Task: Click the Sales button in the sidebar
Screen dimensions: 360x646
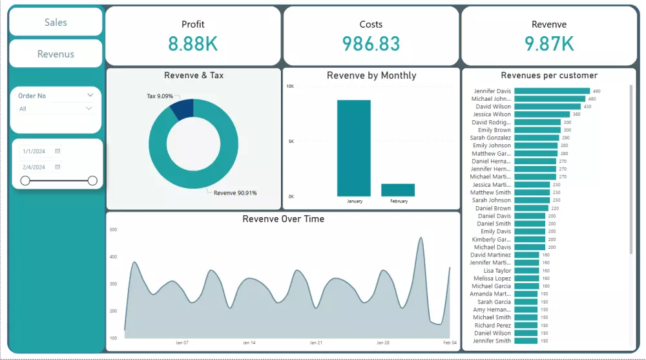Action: pos(56,22)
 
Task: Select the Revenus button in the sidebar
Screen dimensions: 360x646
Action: pos(56,54)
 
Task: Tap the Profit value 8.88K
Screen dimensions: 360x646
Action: pos(193,44)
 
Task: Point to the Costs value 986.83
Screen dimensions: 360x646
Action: pos(371,44)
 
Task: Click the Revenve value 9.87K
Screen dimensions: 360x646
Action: pos(548,44)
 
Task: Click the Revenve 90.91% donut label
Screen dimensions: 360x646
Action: pos(235,193)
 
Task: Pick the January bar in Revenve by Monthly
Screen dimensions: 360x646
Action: pos(354,148)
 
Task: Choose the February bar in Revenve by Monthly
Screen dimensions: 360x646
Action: pos(398,190)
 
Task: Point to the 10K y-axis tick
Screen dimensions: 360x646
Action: pos(290,86)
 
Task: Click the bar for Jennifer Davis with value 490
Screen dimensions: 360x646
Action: pos(552,91)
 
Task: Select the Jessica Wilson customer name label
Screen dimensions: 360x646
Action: pos(492,114)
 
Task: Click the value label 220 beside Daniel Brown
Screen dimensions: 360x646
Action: pos(555,208)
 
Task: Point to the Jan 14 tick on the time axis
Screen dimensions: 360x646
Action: pos(249,343)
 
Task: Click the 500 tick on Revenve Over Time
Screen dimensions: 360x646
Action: pos(113,229)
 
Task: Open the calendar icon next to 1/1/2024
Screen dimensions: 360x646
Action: pos(57,151)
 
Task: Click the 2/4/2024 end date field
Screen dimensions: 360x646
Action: pos(34,167)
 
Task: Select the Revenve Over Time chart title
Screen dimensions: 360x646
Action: pos(283,219)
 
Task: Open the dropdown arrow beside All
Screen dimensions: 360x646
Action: pos(89,109)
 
